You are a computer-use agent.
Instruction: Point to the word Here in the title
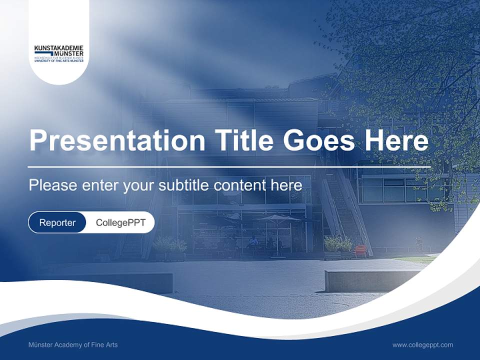(x=396, y=140)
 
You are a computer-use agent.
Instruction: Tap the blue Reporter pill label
(x=57, y=222)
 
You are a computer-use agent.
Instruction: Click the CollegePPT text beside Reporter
(x=120, y=222)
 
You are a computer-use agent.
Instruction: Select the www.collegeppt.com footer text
(x=422, y=344)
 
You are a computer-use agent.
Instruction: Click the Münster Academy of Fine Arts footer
(x=73, y=344)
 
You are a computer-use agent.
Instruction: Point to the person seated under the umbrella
(x=253, y=243)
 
